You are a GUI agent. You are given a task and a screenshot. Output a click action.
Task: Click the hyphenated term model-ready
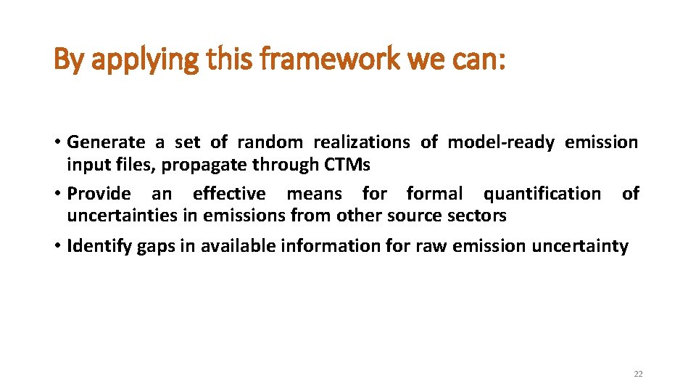pyautogui.click(x=500, y=142)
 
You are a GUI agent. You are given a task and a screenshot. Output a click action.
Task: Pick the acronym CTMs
pyautogui.click(x=347, y=165)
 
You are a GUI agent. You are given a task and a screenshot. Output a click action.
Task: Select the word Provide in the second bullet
pyautogui.click(x=99, y=194)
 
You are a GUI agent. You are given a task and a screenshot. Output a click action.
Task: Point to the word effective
pyautogui.click(x=229, y=194)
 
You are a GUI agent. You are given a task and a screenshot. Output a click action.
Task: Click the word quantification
pyautogui.click(x=542, y=194)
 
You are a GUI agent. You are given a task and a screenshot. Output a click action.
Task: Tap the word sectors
pyautogui.click(x=478, y=216)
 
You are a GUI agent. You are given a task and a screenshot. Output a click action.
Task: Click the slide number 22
pyautogui.click(x=638, y=374)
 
